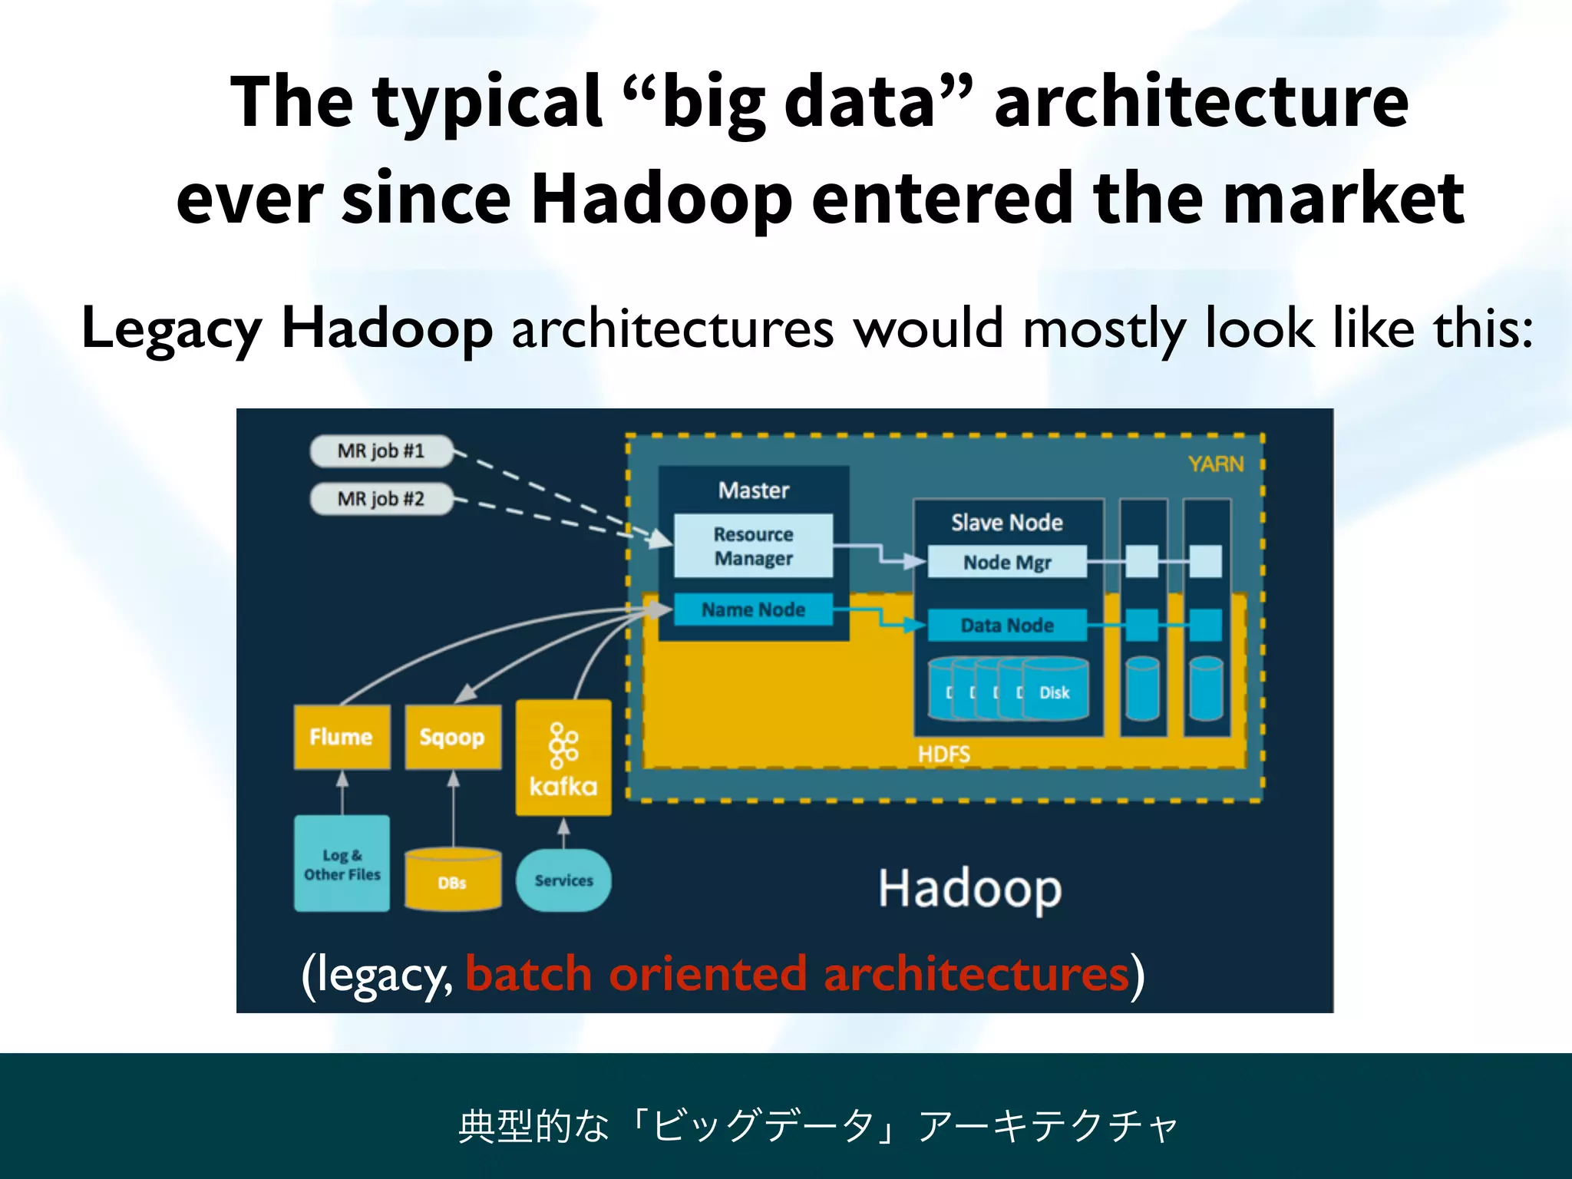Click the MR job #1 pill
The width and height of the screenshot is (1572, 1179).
(381, 451)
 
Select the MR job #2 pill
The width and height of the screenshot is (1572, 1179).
(381, 499)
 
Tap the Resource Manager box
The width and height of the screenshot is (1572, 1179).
(753, 546)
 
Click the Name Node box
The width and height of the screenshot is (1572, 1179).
(753, 609)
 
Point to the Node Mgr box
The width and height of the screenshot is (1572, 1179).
(1007, 562)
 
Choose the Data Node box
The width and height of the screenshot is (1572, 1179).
(1007, 626)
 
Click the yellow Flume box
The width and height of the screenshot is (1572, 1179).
(342, 737)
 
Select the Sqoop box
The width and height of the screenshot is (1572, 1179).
(453, 737)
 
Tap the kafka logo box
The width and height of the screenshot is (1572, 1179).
(563, 758)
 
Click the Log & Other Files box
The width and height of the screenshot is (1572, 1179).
(342, 864)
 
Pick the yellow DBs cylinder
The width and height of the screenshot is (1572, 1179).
(453, 880)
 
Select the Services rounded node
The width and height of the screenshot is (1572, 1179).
(563, 880)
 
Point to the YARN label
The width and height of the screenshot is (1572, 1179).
(1215, 464)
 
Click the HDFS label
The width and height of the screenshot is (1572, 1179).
(943, 755)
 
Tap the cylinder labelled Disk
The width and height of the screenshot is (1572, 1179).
(1055, 691)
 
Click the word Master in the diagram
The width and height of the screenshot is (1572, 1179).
(753, 490)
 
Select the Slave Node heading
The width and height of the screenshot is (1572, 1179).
(1007, 523)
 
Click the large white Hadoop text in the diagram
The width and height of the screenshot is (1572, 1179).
(969, 889)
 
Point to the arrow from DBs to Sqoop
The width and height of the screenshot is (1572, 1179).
(454, 810)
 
